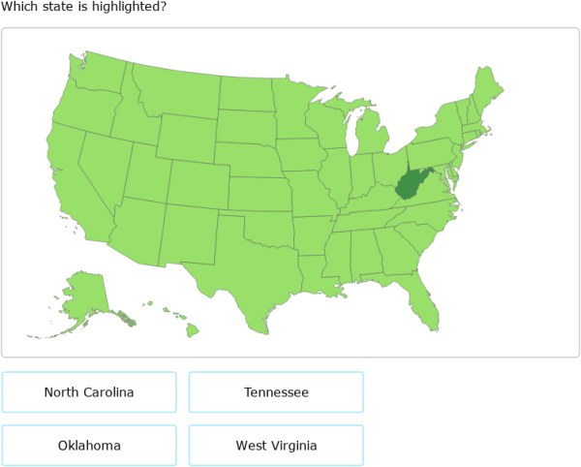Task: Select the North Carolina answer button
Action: click(x=89, y=392)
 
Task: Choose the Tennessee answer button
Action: click(x=276, y=392)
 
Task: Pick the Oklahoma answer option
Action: click(x=89, y=446)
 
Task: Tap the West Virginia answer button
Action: click(x=276, y=446)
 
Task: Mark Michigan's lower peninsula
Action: click(x=366, y=136)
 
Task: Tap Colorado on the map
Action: click(x=199, y=184)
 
